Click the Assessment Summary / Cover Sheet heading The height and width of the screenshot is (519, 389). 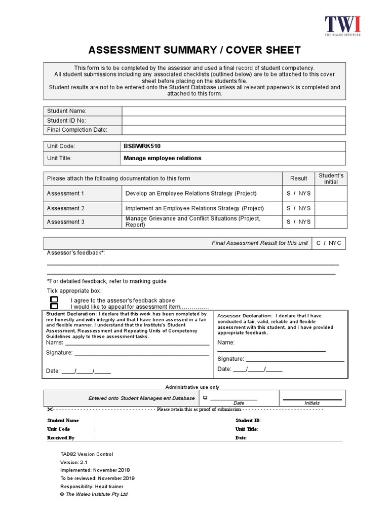click(194, 50)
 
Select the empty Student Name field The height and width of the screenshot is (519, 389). click(234, 111)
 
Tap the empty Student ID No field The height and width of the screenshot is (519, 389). click(234, 121)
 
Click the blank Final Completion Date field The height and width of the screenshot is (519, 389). click(234, 130)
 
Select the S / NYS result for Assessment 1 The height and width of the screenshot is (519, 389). click(298, 193)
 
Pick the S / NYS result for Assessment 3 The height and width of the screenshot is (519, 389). click(298, 221)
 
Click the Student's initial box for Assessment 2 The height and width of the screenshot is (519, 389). click(331, 208)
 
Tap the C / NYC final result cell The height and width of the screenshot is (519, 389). click(329, 243)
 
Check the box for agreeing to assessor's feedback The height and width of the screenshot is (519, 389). click(54, 300)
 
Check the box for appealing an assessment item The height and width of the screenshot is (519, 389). click(54, 307)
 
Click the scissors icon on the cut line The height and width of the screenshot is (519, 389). click(50, 409)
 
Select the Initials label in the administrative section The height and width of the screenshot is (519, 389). click(312, 403)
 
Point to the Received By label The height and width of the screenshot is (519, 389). click(61, 437)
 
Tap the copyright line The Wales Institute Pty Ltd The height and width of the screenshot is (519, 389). click(94, 494)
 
